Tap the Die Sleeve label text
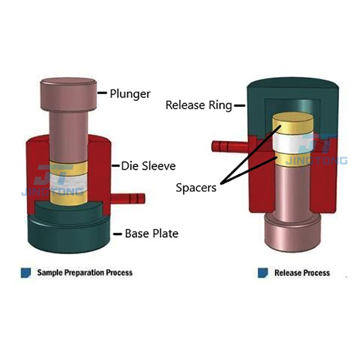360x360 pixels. (x=148, y=166)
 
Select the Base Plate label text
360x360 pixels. (x=151, y=234)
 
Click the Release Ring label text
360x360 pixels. (x=198, y=105)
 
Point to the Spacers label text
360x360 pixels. (x=196, y=187)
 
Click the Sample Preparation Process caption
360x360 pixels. (x=84, y=273)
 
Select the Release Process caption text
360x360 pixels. (x=302, y=273)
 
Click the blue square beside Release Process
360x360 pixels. (x=263, y=273)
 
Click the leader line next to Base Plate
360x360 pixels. (x=117, y=234)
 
